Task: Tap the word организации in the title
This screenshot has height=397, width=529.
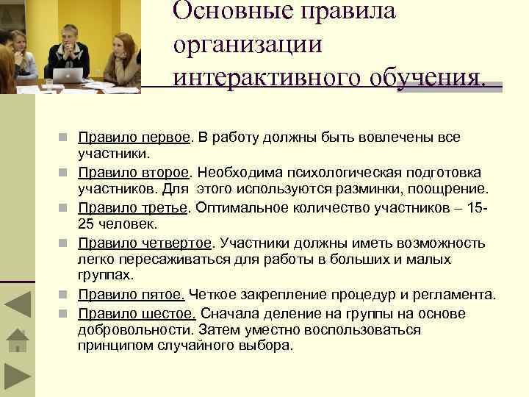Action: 248,44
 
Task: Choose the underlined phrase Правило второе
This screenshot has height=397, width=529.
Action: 134,172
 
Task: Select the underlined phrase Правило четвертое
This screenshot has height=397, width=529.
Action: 145,243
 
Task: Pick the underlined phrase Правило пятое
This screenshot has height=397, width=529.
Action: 132,295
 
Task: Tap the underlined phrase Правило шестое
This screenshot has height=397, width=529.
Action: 137,313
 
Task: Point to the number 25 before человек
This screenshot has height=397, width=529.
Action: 86,223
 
